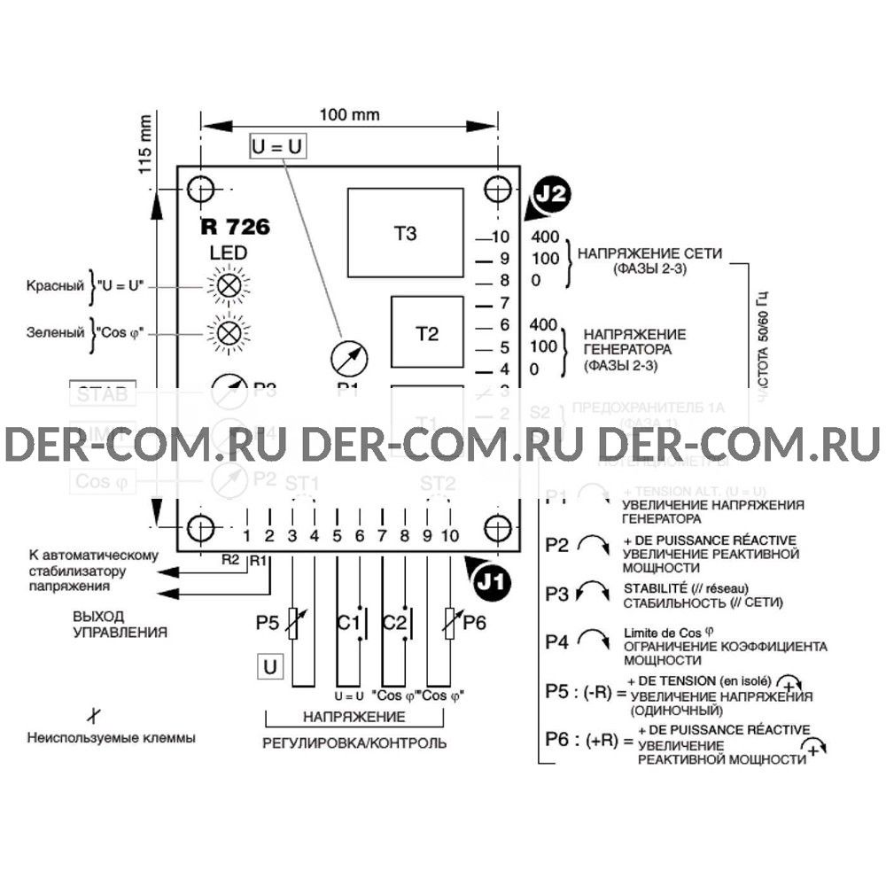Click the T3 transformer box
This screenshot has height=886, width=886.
[406, 233]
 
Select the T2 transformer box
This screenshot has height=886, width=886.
[427, 333]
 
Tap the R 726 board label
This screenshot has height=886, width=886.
[235, 227]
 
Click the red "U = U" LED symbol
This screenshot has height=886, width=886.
[229, 285]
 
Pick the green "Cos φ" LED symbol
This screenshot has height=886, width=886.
[229, 332]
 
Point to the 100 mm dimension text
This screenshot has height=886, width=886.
[349, 115]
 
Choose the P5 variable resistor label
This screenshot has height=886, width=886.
[268, 624]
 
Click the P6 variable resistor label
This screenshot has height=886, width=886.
[474, 624]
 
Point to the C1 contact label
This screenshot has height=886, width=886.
[346, 624]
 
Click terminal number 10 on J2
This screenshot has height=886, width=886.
[499, 237]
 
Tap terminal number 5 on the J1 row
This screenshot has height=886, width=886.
[337, 535]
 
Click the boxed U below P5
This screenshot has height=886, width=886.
[271, 666]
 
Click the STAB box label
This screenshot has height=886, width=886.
[104, 394]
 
